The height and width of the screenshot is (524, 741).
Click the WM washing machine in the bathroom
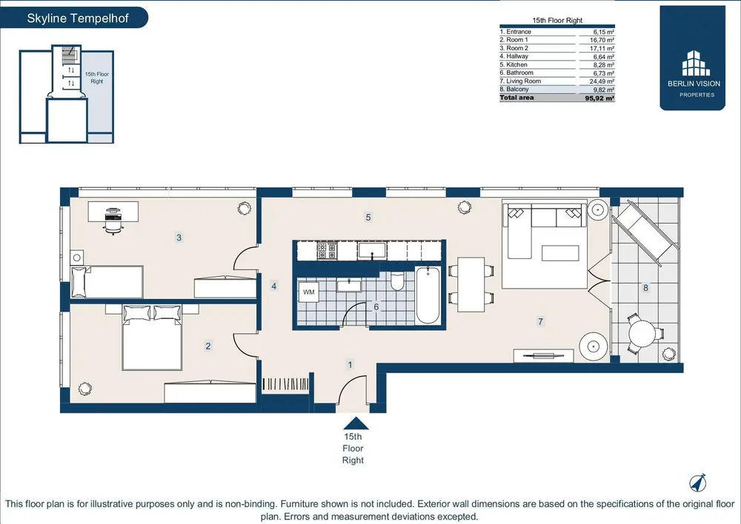coord(308,292)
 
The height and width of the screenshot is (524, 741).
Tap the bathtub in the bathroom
coord(428,295)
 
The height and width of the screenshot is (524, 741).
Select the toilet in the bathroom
coord(397,281)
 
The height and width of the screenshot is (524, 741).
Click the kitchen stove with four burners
coord(327,250)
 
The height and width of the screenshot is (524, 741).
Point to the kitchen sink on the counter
coord(373,250)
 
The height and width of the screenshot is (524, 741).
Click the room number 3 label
coord(179,238)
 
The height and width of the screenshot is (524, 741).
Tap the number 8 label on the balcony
coord(645,287)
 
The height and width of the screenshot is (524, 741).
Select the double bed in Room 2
coord(152,337)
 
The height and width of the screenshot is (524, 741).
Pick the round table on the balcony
coord(642,335)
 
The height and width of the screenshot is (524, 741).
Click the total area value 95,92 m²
coord(599,98)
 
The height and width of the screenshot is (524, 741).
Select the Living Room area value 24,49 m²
coord(602,81)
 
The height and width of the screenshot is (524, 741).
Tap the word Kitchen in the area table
coord(516,64)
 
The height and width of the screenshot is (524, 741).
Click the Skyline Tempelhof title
coord(78,19)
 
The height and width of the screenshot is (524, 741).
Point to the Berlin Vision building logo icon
coord(696,63)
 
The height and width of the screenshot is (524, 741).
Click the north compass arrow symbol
coord(697,482)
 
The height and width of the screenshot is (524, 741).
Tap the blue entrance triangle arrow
coord(356,423)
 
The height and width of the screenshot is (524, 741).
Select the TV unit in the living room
coord(543,356)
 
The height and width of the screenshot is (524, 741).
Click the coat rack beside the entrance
coord(285,384)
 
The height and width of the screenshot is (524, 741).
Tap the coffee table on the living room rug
coord(560,253)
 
